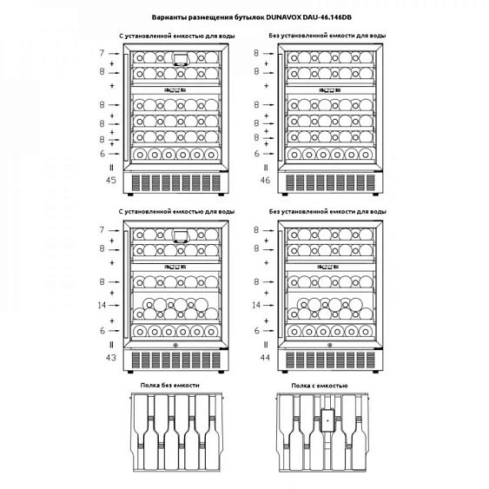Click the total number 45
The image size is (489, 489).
coord(110,180)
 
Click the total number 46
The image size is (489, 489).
coord(265,180)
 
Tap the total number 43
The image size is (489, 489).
coord(110,357)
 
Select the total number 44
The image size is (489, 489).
coord(265,357)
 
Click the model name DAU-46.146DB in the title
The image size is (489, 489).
coord(327,17)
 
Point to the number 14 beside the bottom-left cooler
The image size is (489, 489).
coord(102,305)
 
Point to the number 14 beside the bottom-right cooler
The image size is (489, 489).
coord(256,305)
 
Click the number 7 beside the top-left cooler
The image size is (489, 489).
coord(102,53)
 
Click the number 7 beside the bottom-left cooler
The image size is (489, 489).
coord(102,230)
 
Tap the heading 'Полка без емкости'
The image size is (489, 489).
coord(169,385)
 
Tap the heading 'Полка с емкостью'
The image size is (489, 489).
coord(320,386)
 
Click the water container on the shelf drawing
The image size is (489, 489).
coord(327,420)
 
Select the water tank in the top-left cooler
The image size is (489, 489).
coord(181,59)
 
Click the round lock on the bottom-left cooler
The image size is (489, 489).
coord(175,345)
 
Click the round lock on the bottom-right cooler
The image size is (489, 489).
coord(330,345)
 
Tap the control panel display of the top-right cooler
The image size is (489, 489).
coord(330,90)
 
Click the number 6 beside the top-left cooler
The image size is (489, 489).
coord(102,154)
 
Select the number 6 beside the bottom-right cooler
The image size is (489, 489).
coord(257,331)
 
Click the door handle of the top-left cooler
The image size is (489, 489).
coord(126,108)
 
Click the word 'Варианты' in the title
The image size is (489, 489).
coord(169,17)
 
